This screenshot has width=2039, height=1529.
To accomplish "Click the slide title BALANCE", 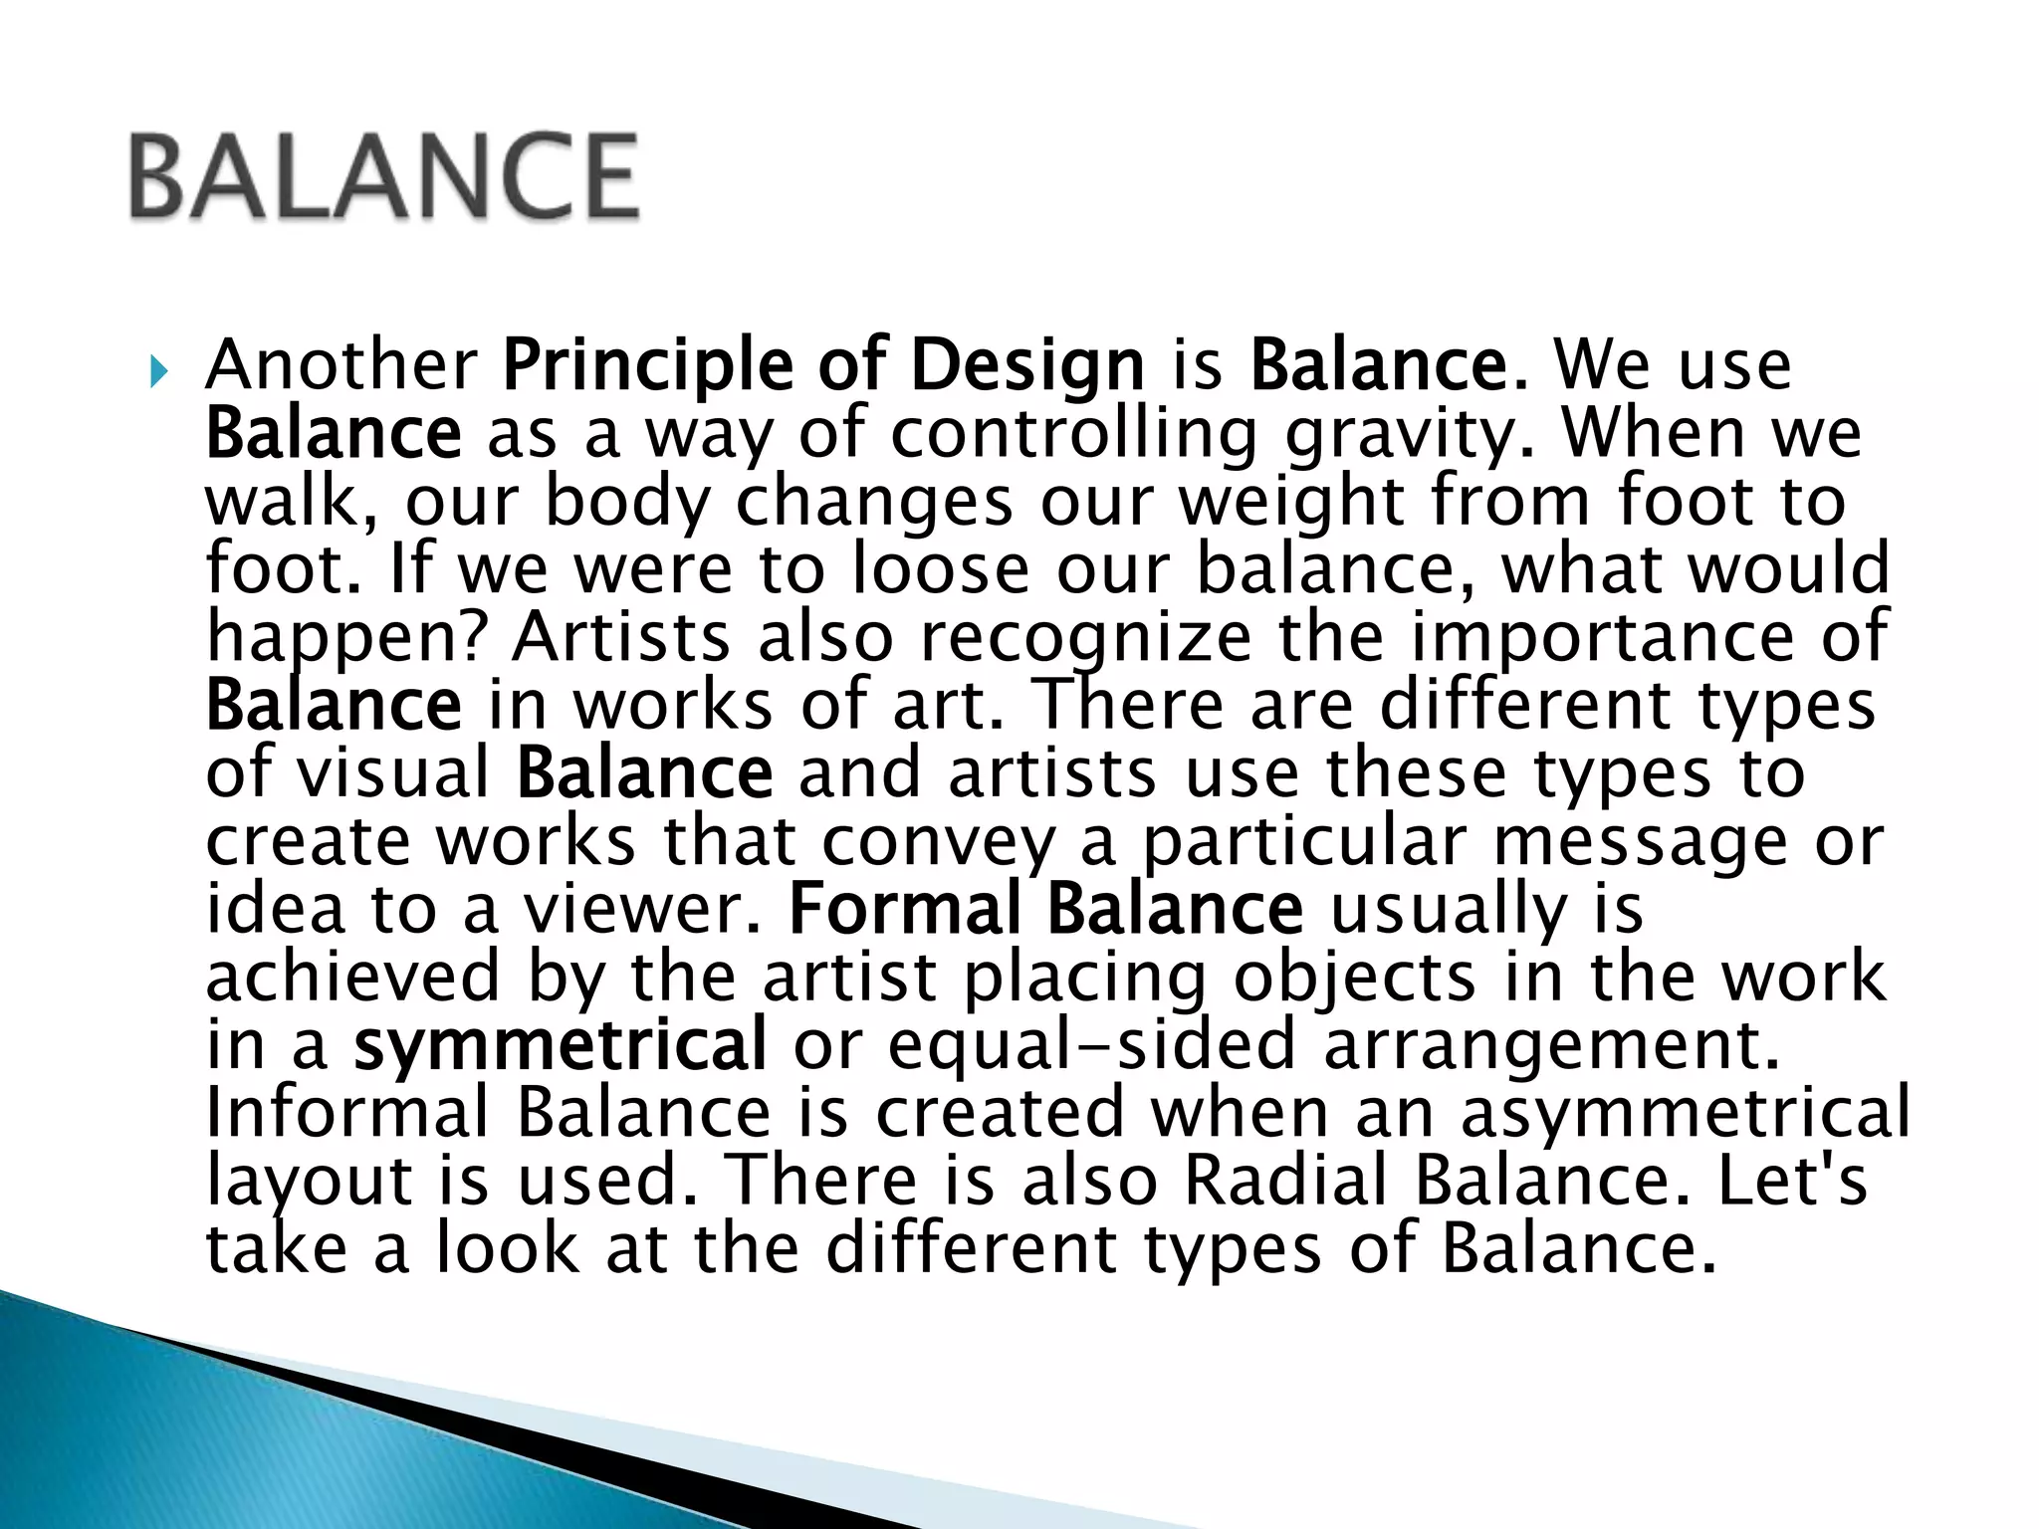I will (383, 176).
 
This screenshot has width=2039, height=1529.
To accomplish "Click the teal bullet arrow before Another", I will (157, 374).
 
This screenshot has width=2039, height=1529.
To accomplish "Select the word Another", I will (341, 365).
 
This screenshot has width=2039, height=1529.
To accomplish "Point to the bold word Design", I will (1026, 367).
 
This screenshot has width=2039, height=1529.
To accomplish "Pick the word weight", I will (1291, 502).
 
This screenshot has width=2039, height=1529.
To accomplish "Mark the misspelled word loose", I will (940, 569).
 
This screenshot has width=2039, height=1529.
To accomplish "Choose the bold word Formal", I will (905, 909).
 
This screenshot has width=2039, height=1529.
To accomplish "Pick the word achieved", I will (353, 977).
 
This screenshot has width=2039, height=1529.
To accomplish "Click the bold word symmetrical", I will (560, 1044).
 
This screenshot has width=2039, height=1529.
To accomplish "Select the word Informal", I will (348, 1112).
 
